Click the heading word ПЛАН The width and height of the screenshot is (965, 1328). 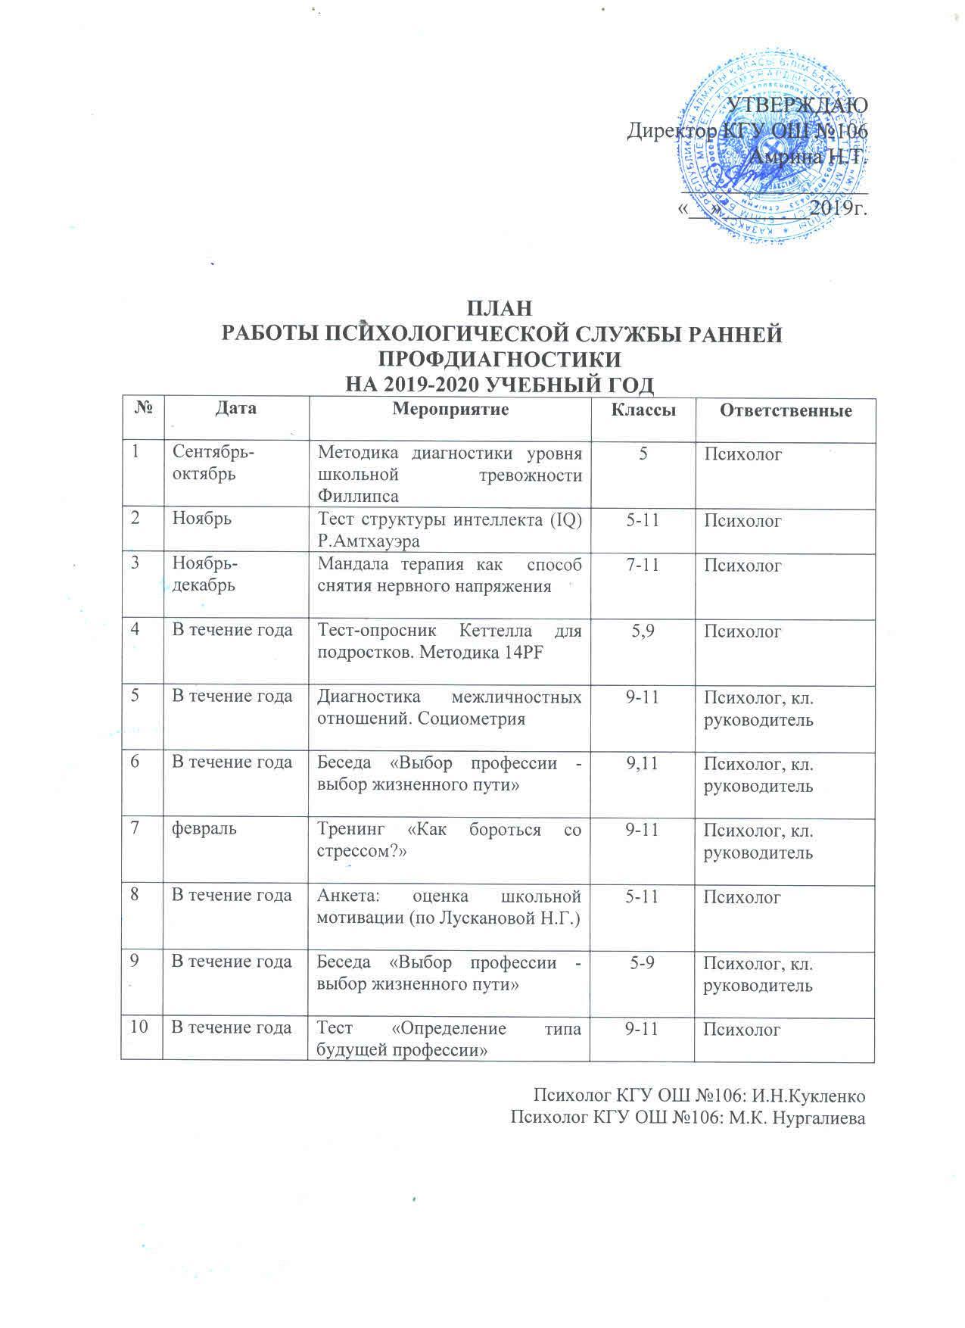499,309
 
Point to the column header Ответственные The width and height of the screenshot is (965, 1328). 786,411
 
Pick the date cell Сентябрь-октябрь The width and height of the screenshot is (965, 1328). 213,463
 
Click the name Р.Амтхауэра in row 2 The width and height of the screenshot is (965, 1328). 369,542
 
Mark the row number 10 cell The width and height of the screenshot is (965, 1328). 139,1027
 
